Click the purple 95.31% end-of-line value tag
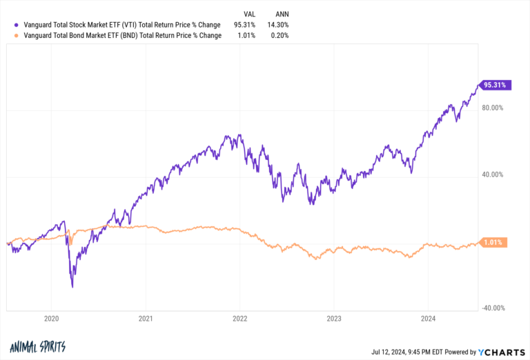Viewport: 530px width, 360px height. point(495,86)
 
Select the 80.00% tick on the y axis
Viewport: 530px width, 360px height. point(493,108)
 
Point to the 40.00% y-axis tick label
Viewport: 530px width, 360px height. point(493,174)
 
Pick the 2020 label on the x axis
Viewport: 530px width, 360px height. point(51,319)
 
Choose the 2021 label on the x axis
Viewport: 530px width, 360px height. point(145,319)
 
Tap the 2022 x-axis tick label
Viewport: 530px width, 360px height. point(239,319)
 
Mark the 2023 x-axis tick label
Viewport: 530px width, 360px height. point(333,319)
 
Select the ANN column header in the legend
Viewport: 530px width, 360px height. point(280,13)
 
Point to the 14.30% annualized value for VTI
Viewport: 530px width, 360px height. point(278,25)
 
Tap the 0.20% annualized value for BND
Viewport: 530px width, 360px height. point(279,35)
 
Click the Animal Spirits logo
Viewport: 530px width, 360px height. point(38,347)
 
